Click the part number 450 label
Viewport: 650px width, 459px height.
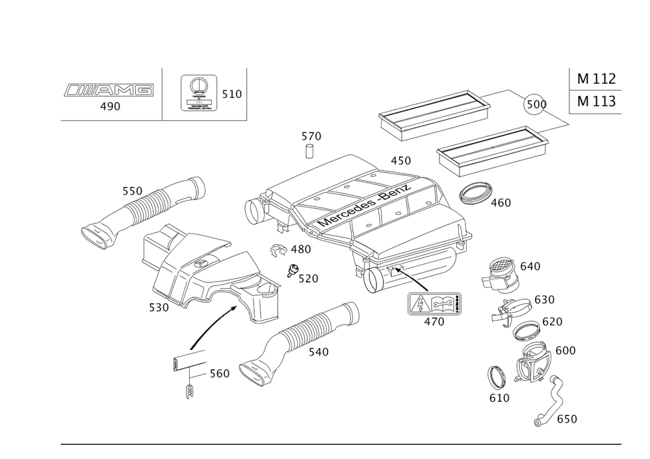click(x=401, y=160)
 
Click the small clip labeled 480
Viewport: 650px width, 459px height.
click(x=278, y=249)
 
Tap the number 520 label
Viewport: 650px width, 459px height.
click(x=307, y=279)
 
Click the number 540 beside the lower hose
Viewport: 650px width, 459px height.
click(x=318, y=351)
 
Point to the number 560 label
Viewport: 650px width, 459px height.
click(x=220, y=374)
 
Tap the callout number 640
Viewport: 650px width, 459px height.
click(x=530, y=266)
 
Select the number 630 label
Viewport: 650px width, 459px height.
click(x=545, y=300)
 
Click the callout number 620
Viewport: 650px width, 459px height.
click(x=552, y=321)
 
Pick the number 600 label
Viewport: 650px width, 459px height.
click(x=565, y=351)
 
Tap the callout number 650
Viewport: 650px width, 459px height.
click(x=566, y=419)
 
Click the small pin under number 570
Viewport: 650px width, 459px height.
click(x=310, y=153)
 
